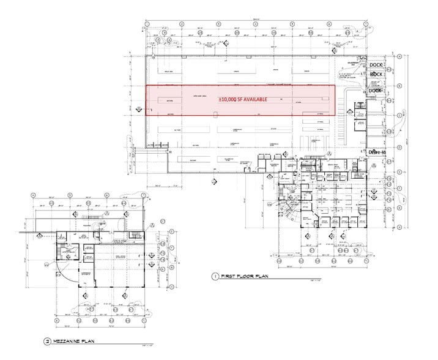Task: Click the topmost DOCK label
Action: pyautogui.click(x=376, y=64)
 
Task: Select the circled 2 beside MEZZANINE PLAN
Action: pyautogui.click(x=46, y=341)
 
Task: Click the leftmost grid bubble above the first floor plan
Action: pyautogui.click(x=147, y=24)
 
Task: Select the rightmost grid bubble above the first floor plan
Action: pyautogui.click(x=366, y=24)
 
